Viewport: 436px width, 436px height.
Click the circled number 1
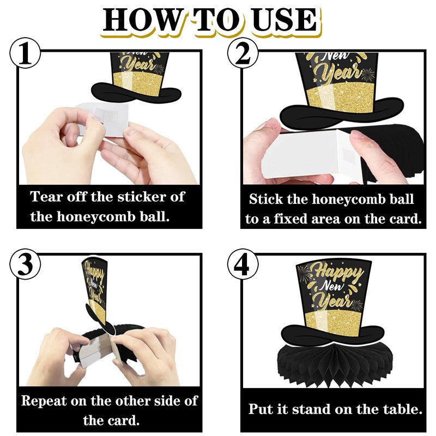tap(25, 53)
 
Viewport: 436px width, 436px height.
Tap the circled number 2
tap(243, 53)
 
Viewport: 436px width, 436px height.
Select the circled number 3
tap(25, 264)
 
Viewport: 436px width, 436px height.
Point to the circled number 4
tap(243, 264)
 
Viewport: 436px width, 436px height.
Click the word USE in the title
tap(284, 20)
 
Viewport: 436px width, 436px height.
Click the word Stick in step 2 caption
tap(265, 199)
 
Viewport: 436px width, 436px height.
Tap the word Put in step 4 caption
tap(259, 409)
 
